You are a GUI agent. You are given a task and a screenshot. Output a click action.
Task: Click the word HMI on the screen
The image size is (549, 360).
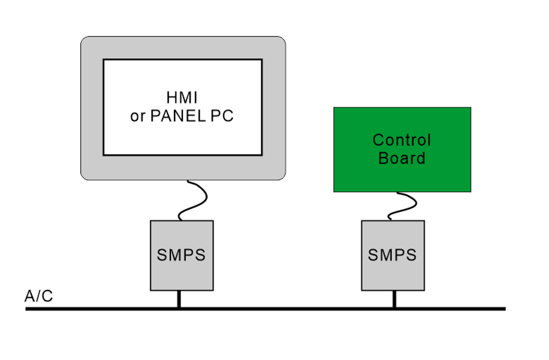coord(182,98)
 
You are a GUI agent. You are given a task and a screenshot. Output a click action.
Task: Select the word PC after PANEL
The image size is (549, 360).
coord(222,116)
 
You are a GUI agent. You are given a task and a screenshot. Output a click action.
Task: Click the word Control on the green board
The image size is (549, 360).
coord(401,139)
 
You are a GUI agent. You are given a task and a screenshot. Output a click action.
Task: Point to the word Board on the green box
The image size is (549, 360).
coord(401,158)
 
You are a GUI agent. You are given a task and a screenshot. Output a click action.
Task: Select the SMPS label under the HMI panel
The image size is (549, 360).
coord(181,255)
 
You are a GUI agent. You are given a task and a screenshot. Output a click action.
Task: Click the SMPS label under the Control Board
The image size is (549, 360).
coord(392,255)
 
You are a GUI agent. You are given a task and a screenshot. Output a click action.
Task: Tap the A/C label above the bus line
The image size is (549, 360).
coord(39,296)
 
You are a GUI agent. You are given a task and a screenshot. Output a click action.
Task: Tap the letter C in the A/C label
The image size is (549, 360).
coord(46,296)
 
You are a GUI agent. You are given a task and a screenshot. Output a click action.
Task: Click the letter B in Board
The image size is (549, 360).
coord(383,158)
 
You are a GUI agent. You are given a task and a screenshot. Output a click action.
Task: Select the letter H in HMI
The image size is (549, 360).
coord(171,98)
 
